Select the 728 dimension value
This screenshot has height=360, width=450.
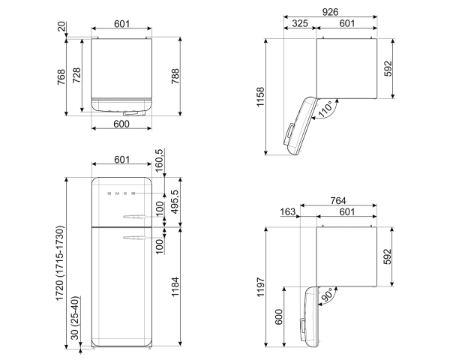[77, 76]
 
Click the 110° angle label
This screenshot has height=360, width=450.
[325, 110]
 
